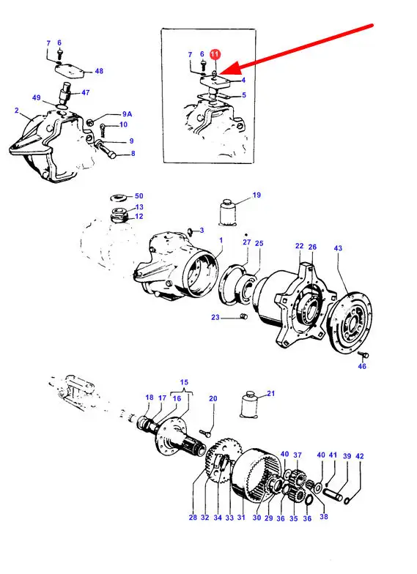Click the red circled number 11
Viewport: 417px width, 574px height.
click(x=215, y=54)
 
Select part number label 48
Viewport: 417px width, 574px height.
click(x=99, y=71)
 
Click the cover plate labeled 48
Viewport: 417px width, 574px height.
click(x=70, y=70)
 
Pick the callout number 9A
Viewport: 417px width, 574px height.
click(x=128, y=114)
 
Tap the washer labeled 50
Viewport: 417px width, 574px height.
click(x=119, y=198)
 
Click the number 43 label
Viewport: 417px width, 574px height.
click(x=338, y=248)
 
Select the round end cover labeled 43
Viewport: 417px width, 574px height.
click(x=349, y=321)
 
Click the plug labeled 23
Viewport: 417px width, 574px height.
click(x=243, y=316)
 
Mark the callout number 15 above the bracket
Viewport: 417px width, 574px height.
click(x=184, y=382)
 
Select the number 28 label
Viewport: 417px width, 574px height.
click(x=193, y=517)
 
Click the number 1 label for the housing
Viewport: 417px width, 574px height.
click(x=221, y=240)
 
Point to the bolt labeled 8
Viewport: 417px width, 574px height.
click(x=106, y=149)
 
